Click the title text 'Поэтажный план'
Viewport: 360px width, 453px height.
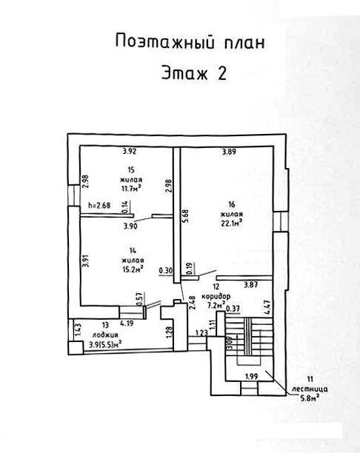click(190, 42)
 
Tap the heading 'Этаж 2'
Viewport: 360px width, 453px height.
click(194, 73)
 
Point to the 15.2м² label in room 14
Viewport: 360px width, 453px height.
click(133, 269)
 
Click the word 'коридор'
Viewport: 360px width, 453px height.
click(216, 296)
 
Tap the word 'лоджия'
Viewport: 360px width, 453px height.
click(105, 335)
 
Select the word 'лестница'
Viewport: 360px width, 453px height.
click(310, 389)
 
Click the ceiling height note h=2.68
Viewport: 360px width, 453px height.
click(99, 206)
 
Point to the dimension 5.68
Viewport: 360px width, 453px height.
click(185, 215)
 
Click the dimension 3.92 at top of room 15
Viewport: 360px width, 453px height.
click(129, 151)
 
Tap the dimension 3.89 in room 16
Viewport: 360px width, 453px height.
click(229, 152)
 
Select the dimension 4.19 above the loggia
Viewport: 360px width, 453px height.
click(127, 323)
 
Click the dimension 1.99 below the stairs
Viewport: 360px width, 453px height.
click(252, 376)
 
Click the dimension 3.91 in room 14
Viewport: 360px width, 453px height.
click(85, 261)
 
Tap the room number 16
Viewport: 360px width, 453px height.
click(231, 204)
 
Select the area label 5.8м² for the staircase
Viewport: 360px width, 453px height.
click(310, 398)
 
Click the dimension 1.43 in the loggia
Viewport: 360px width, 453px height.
click(78, 329)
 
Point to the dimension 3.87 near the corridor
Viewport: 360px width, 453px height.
click(250, 285)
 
